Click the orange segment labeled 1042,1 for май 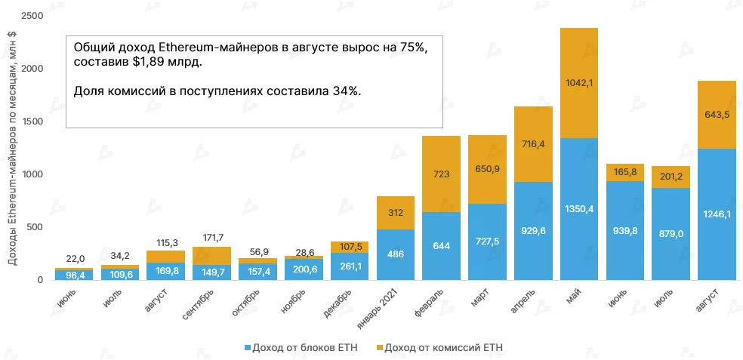[x=579, y=83]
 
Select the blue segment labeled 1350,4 [x=579, y=209]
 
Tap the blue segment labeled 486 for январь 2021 [x=395, y=254]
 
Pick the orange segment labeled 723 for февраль [x=441, y=174]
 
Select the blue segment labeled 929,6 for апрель [x=533, y=231]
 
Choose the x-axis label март [x=478, y=297]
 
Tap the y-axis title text [x=12, y=151]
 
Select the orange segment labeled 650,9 [x=487, y=170]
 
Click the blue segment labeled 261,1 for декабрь [x=349, y=266]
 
